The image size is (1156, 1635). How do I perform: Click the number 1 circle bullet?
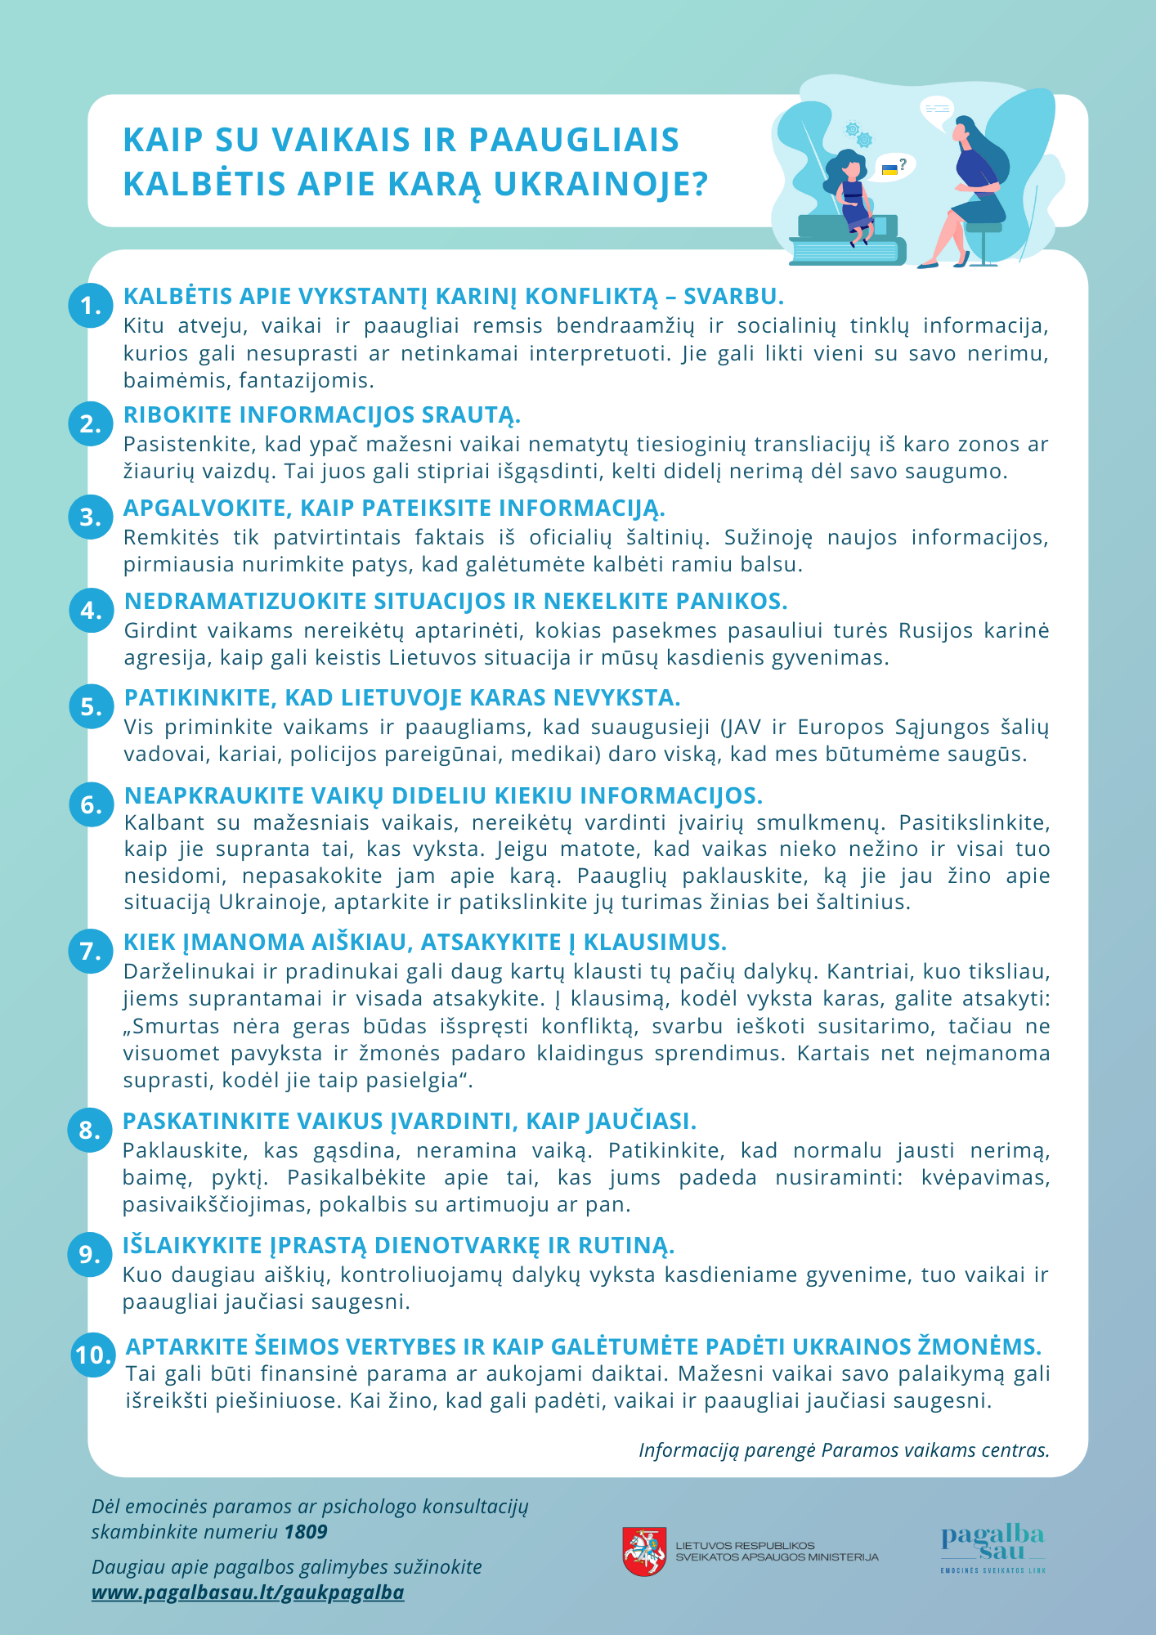pyautogui.click(x=91, y=306)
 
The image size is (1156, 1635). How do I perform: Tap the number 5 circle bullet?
pyautogui.click(x=91, y=706)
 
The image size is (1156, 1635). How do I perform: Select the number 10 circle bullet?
pyautogui.click(x=94, y=1355)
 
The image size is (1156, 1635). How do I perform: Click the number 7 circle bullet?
pyautogui.click(x=91, y=951)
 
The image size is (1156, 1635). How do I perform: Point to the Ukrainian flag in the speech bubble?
pyautogui.click(x=889, y=169)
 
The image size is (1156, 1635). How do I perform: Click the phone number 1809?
pyautogui.click(x=306, y=1531)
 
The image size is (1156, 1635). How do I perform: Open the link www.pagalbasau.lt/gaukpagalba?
pyautogui.click(x=248, y=1592)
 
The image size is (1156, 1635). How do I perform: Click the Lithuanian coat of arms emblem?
pyautogui.click(x=644, y=1551)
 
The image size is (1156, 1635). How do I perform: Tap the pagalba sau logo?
pyautogui.click(x=992, y=1548)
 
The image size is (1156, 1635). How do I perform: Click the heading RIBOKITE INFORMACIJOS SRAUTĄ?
pyautogui.click(x=321, y=414)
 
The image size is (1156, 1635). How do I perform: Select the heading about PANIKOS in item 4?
pyautogui.click(x=455, y=601)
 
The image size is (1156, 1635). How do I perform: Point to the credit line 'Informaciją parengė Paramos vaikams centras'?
pyautogui.click(x=844, y=1450)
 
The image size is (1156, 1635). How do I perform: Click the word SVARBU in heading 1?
pyautogui.click(x=733, y=296)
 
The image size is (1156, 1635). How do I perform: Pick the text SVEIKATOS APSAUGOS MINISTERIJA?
pyautogui.click(x=777, y=1557)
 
